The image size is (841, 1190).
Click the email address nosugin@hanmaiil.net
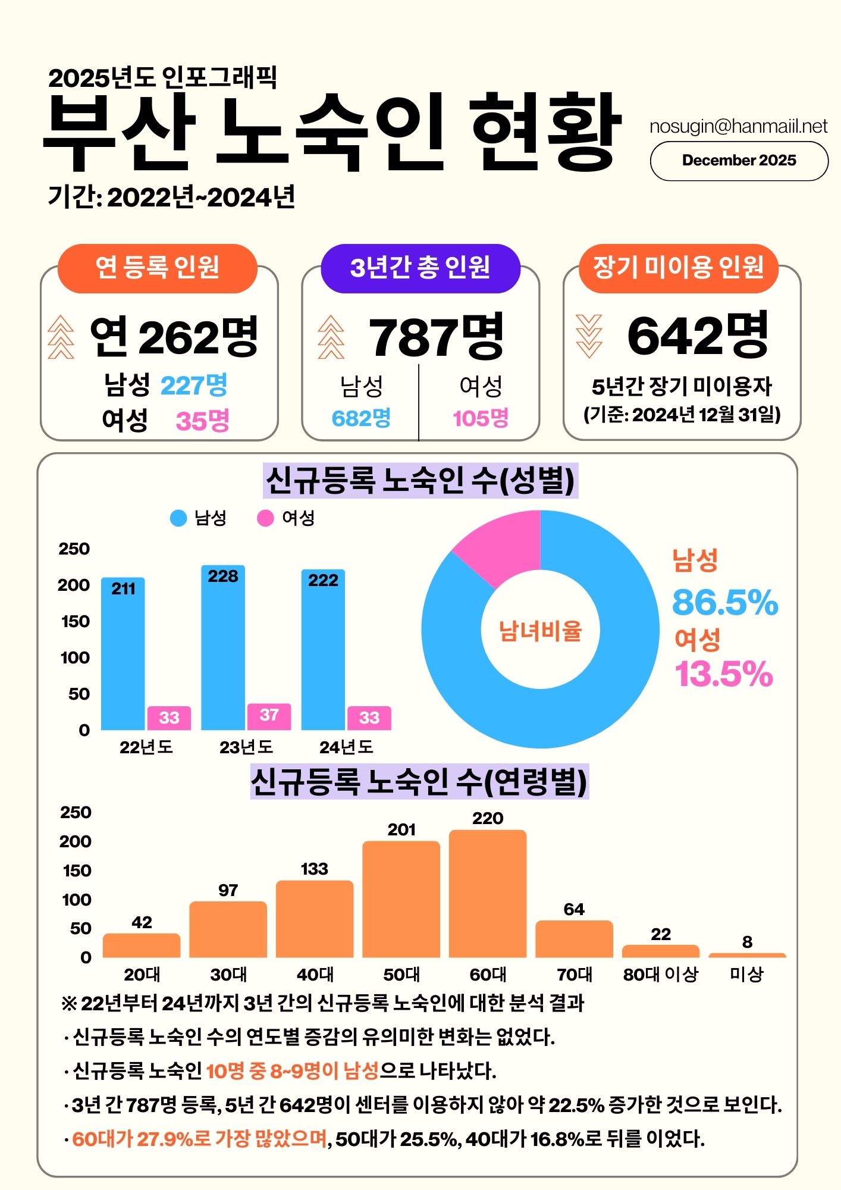click(x=738, y=126)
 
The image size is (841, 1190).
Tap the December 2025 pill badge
click(x=739, y=161)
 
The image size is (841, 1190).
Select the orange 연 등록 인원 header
click(x=158, y=268)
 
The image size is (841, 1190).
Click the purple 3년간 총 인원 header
click(x=420, y=268)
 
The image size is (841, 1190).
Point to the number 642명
click(x=698, y=336)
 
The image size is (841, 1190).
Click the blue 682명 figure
click(x=361, y=418)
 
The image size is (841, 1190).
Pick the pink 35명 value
click(x=202, y=421)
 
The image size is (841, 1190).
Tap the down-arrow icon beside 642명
click(x=589, y=336)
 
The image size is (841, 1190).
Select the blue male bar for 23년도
click(x=223, y=649)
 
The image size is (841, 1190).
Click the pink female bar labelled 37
click(x=269, y=716)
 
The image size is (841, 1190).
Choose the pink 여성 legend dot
click(x=265, y=518)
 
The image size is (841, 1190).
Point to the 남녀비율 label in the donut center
click(x=540, y=631)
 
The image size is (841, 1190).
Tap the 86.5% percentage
click(x=724, y=602)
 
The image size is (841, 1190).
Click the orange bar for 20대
click(x=142, y=945)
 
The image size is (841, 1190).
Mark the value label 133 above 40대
click(x=314, y=869)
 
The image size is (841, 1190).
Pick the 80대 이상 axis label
click(x=660, y=975)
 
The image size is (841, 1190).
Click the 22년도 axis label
click(x=146, y=747)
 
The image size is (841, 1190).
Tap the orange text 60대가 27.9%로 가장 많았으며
click(x=200, y=1139)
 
